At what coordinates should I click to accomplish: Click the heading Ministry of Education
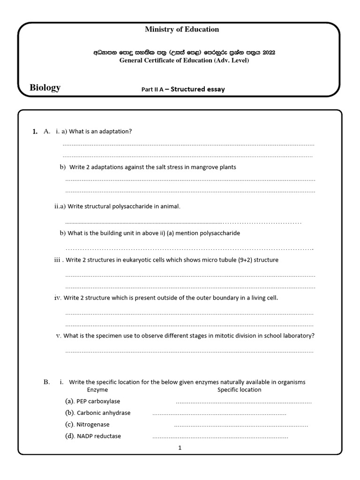click(182, 29)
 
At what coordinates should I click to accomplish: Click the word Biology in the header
click(45, 88)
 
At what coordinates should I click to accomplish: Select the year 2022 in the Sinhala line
click(269, 52)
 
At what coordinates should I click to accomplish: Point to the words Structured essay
click(197, 89)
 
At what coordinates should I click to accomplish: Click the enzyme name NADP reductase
click(98, 436)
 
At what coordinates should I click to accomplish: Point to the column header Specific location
click(239, 390)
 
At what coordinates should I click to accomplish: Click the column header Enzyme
click(97, 390)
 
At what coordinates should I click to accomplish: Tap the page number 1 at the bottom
click(180, 448)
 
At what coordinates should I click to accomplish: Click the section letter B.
click(46, 382)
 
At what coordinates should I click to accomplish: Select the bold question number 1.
click(35, 132)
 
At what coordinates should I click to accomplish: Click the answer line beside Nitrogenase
click(241, 426)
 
